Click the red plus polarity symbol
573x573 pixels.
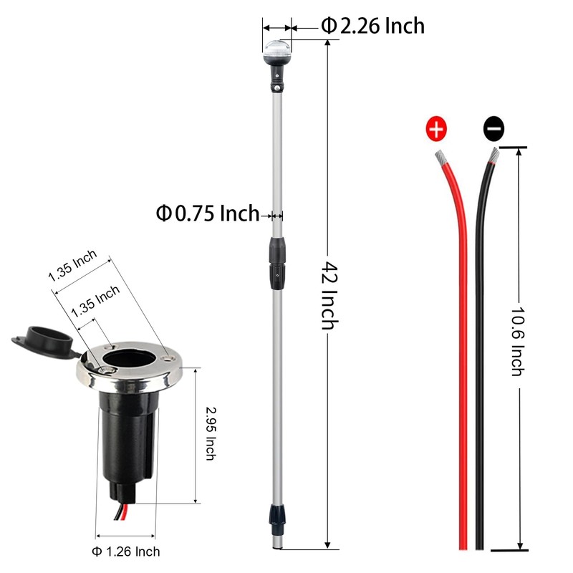pos(436,129)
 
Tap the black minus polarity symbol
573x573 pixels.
pos(493,129)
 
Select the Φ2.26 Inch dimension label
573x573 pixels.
pos(372,26)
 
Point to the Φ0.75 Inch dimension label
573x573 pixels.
pos(208,213)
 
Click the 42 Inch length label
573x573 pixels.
pos(329,295)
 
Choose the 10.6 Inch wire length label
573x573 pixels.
pos(517,342)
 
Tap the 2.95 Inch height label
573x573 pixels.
pos(211,433)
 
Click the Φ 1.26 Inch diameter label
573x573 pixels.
pos(126,552)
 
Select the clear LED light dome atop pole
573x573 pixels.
pos(277,51)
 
